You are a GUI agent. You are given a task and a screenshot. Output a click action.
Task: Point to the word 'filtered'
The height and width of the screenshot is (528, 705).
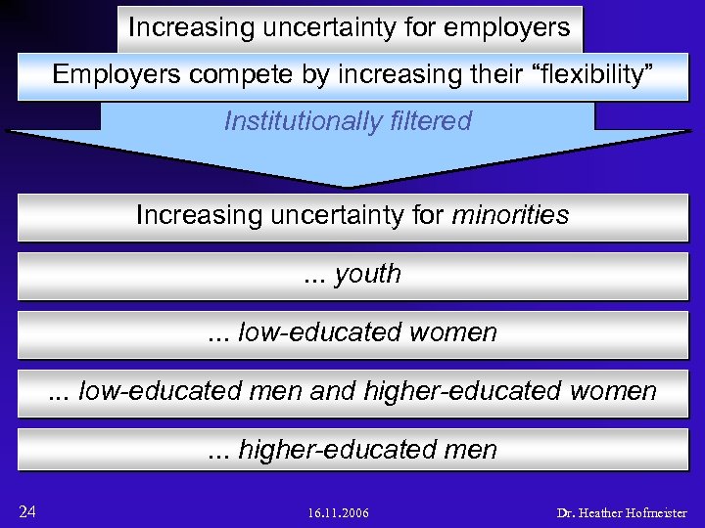click(x=429, y=121)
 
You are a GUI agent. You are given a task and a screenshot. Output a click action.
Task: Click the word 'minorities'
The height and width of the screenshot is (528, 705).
click(x=510, y=214)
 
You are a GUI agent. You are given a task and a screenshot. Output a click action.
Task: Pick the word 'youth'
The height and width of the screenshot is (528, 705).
click(x=367, y=274)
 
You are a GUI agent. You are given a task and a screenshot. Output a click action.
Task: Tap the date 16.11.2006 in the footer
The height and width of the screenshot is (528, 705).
click(x=338, y=513)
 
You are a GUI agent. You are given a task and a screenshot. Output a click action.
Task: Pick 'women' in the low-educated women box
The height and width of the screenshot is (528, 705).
click(x=453, y=332)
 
